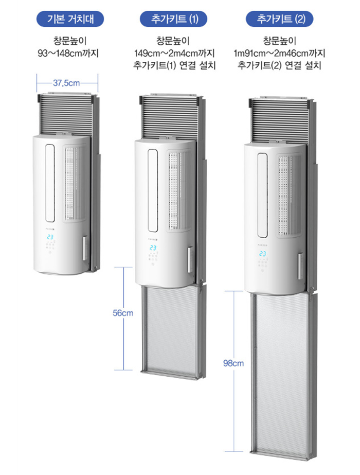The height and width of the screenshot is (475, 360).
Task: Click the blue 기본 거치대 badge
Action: click(70, 19)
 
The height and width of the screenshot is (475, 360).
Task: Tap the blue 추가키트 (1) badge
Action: click(173, 19)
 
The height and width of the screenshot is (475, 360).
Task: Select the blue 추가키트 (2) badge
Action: click(279, 19)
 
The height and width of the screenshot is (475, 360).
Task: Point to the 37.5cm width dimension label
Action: click(66, 83)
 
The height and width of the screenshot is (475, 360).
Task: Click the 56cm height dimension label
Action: click(122, 313)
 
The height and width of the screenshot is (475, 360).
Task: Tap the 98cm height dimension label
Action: click(233, 363)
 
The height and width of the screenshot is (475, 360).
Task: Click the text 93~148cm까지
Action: click(68, 54)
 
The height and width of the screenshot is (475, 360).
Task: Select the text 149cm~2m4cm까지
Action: click(174, 54)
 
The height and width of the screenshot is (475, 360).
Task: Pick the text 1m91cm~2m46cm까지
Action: click(279, 54)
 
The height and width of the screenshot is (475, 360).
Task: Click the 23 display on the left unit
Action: click(50, 237)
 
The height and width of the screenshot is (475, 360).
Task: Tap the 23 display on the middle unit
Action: click(153, 248)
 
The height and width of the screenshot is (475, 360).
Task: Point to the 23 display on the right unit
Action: click(262, 254)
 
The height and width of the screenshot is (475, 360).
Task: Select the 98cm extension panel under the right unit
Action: click(281, 376)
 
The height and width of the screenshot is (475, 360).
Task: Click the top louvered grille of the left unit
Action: click(66, 115)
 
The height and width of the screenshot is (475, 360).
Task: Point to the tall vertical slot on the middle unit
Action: click(153, 190)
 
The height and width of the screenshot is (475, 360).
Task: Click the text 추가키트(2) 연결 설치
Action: click(279, 65)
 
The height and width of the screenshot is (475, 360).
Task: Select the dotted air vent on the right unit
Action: click(289, 196)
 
